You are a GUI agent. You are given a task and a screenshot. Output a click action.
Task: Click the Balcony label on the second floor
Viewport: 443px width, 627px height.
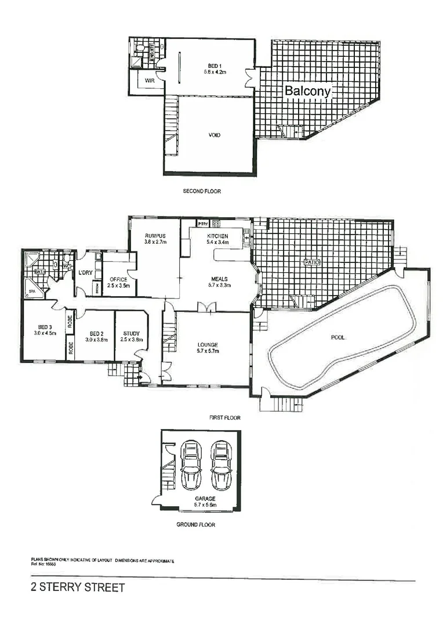[307, 91]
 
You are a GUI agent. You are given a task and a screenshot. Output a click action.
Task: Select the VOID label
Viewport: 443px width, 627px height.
[214, 135]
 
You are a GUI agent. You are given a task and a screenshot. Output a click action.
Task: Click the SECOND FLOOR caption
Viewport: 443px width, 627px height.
[202, 191]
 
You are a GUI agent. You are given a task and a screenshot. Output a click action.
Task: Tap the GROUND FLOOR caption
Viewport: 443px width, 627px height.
[195, 525]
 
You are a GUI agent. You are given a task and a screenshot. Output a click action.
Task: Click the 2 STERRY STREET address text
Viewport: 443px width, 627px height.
[78, 588]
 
